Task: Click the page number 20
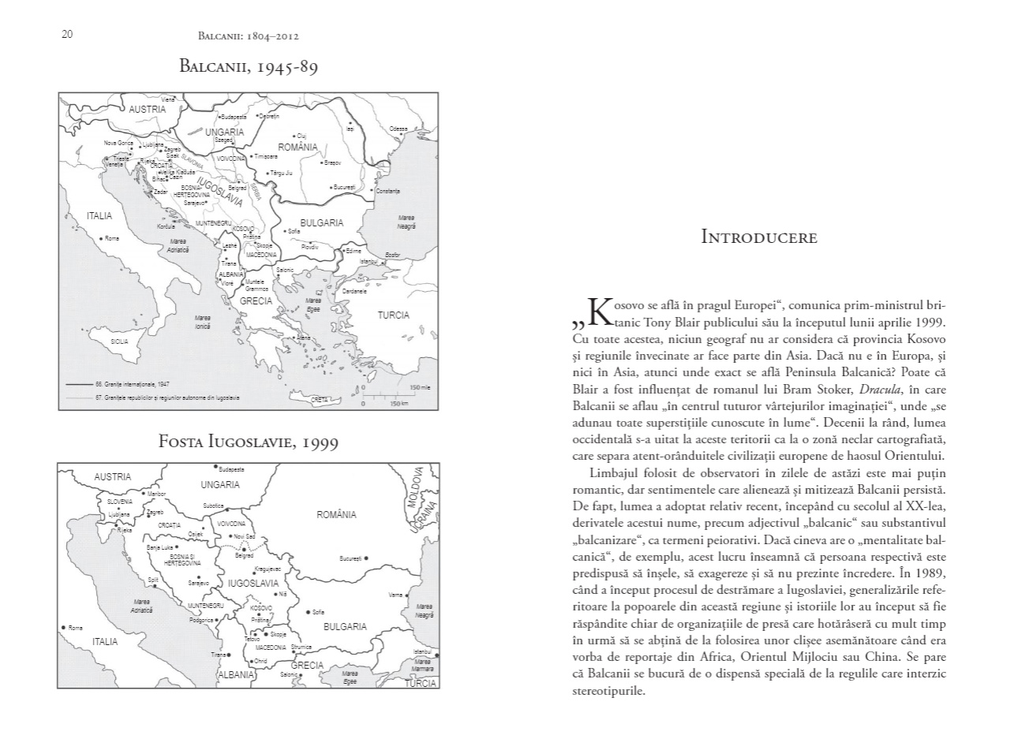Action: click(67, 34)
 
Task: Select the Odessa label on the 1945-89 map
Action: click(398, 128)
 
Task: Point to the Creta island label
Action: click(319, 400)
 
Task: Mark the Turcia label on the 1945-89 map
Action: click(393, 315)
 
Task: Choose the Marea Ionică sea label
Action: click(202, 322)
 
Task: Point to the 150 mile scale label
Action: click(420, 387)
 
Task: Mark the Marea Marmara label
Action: click(423, 666)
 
